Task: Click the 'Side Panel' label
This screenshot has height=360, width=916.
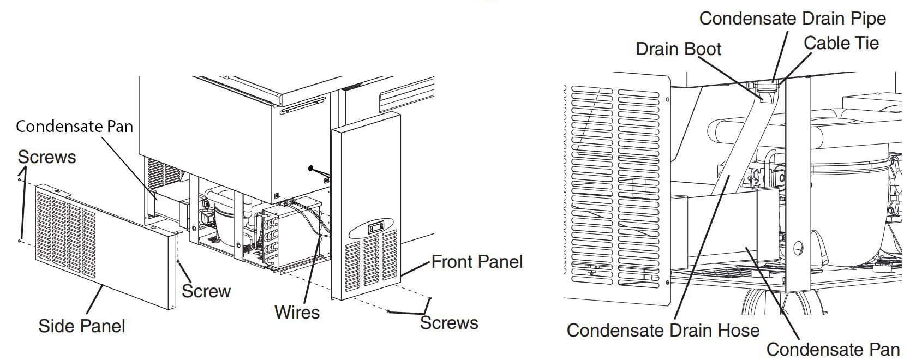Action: click(82, 326)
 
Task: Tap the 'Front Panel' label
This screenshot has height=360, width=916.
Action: click(477, 262)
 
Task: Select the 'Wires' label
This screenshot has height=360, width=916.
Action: click(297, 313)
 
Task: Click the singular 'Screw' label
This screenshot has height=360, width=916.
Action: click(206, 291)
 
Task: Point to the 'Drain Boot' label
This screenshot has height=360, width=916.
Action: click(678, 49)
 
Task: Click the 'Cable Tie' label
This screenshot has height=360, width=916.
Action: click(841, 43)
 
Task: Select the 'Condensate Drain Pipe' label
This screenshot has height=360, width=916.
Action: click(792, 19)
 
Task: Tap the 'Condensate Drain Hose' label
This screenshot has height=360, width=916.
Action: click(663, 331)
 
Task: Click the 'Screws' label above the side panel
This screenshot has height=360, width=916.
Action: click(47, 157)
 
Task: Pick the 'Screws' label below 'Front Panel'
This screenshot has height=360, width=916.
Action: click(449, 323)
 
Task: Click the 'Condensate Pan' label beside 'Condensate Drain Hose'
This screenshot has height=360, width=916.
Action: click(833, 349)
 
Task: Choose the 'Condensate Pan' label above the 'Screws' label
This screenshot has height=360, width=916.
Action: click(74, 127)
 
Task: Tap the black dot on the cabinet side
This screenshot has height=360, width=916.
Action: click(310, 169)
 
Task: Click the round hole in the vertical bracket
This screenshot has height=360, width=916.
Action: click(799, 248)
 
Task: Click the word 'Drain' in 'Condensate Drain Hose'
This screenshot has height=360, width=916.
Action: click(684, 331)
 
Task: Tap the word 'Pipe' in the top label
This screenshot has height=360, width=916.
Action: click(867, 19)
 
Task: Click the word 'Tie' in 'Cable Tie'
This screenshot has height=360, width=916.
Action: click(866, 43)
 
